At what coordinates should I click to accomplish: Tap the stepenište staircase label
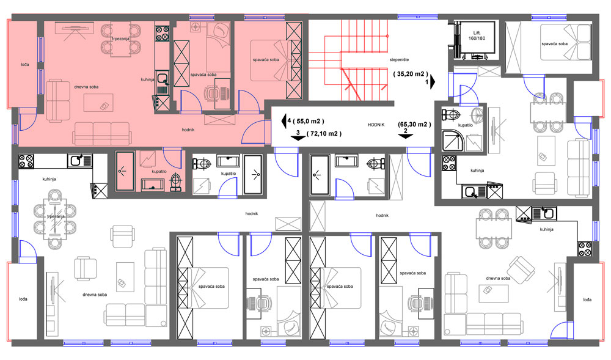point(399,60)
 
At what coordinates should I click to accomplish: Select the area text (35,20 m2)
point(411,73)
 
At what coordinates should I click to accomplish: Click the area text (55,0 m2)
point(308,121)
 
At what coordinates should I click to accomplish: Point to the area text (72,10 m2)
point(324,134)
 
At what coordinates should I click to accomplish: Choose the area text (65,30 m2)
point(414,124)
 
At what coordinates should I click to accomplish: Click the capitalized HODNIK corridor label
point(376,125)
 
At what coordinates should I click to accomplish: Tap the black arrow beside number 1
point(433,82)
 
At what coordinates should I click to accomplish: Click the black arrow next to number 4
point(284,121)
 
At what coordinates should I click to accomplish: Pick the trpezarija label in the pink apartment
point(121,39)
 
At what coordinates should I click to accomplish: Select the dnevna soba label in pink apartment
point(86,87)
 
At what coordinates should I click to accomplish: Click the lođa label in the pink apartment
point(24,65)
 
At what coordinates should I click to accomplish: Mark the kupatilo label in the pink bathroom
point(159,171)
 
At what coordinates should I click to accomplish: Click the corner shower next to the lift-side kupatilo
point(453,140)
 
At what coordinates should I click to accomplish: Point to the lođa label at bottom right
point(587,299)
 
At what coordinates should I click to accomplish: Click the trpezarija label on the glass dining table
point(56,216)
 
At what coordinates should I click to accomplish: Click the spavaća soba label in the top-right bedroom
point(555,44)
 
